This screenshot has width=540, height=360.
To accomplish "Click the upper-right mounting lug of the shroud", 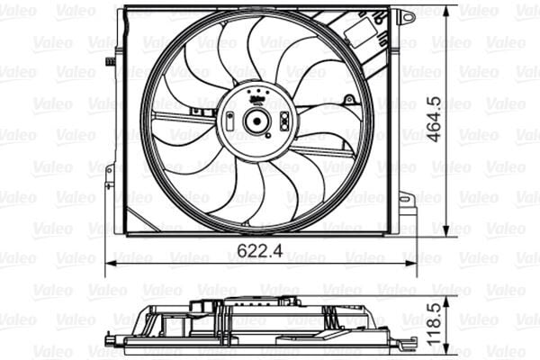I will point(406,16).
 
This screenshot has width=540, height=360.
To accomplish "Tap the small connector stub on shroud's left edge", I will point(110,61).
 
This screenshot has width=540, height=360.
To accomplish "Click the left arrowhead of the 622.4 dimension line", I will point(111,264).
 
